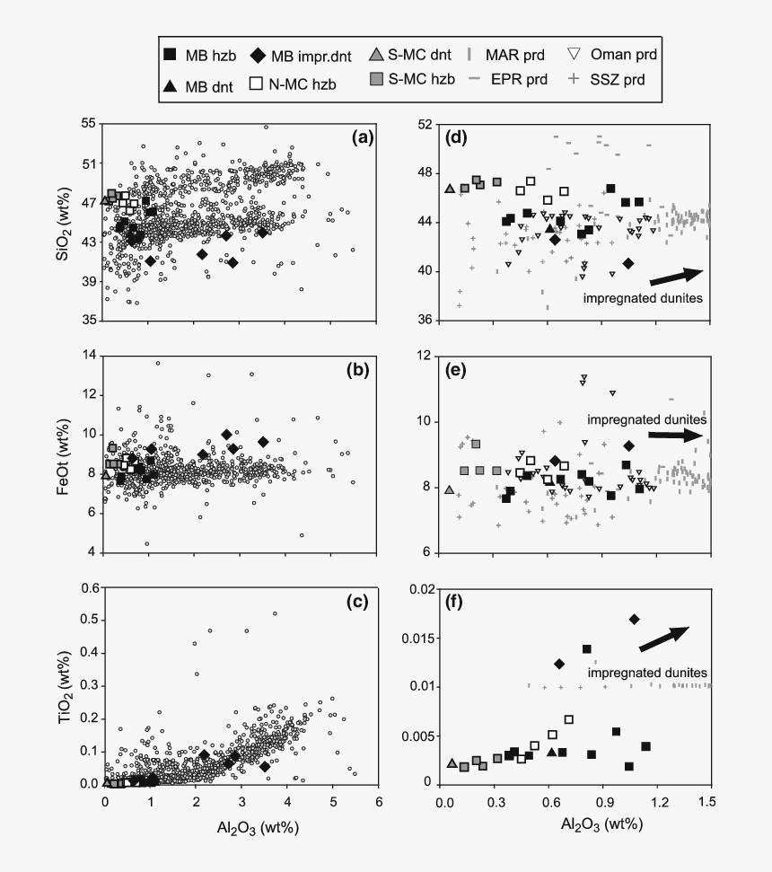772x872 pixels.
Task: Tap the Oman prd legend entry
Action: click(x=612, y=55)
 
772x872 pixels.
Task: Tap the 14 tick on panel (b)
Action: click(x=89, y=357)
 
